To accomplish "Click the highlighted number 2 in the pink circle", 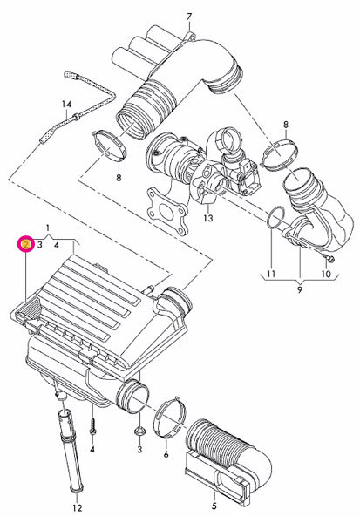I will coord(26,245).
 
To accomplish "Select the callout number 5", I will coord(214,505).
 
